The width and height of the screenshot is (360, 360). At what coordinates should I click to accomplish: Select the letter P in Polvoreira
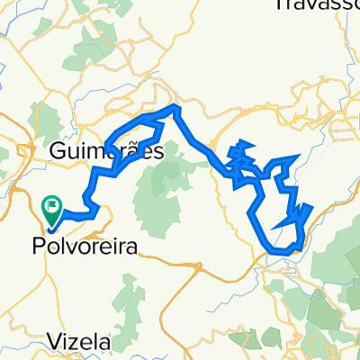pyautogui.click(x=38, y=243)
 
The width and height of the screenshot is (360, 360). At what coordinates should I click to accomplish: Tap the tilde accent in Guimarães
pyautogui.click(x=131, y=144)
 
